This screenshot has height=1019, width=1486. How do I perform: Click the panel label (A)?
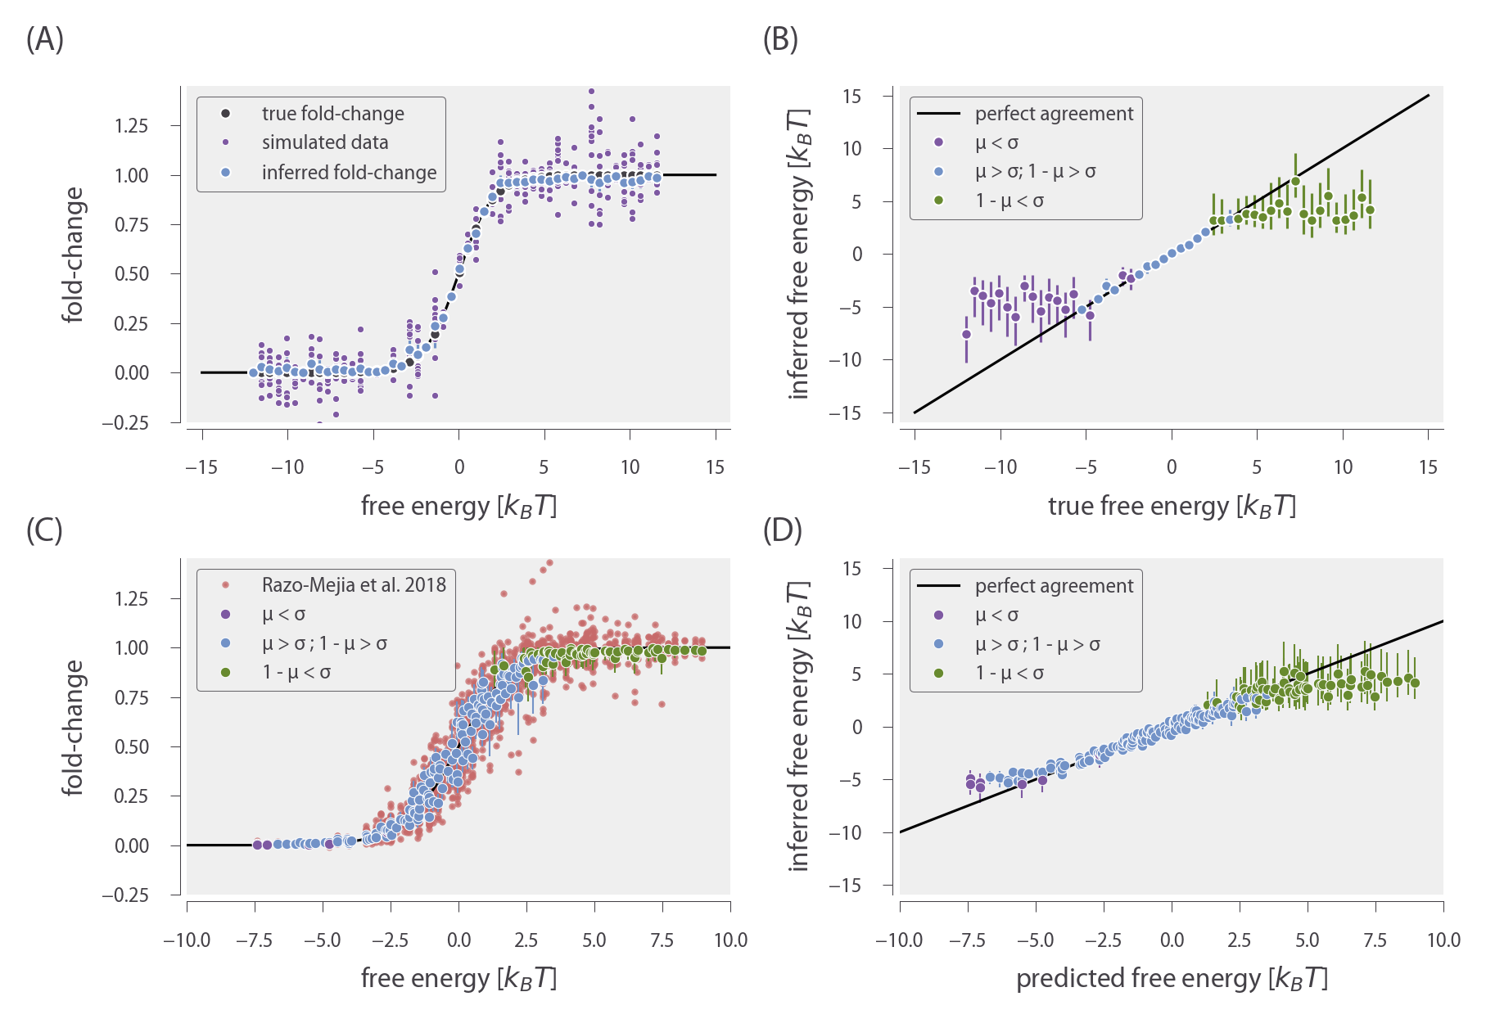(44, 39)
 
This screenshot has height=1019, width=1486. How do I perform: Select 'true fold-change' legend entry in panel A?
(332, 113)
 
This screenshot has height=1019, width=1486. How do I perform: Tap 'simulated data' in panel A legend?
(325, 142)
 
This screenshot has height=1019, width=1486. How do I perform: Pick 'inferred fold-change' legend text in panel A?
(349, 173)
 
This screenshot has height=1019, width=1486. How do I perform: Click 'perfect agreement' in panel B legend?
(1054, 113)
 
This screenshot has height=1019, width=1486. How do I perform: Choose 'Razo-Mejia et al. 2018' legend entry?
(354, 584)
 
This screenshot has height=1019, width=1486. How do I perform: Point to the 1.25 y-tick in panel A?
(131, 125)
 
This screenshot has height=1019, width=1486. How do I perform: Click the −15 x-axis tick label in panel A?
(201, 467)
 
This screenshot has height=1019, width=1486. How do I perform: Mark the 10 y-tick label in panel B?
(851, 148)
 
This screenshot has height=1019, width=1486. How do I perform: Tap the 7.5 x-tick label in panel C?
(662, 940)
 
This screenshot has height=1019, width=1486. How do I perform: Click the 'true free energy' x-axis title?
(1172, 507)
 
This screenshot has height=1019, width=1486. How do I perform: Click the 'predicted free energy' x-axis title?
(1172, 979)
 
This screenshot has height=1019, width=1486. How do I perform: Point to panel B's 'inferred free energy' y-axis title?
(799, 254)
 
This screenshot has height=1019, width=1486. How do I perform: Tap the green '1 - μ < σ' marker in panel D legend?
(938, 673)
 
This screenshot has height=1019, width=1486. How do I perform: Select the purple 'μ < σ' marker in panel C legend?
(226, 614)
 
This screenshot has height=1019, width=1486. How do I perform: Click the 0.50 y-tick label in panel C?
(131, 746)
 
